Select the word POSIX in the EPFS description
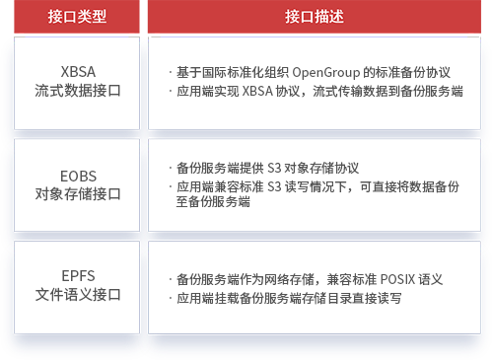399,279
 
